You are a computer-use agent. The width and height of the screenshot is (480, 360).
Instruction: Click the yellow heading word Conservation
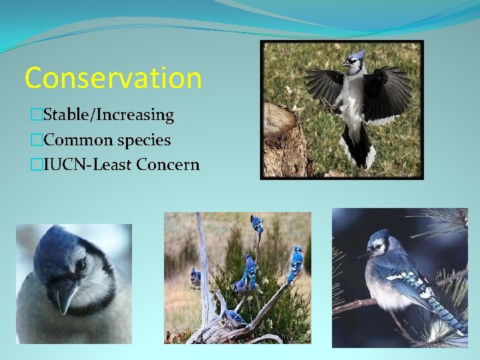click(x=113, y=78)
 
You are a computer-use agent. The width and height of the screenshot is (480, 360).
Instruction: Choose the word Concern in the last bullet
click(x=167, y=165)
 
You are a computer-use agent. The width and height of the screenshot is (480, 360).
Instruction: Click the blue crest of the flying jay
click(x=357, y=55)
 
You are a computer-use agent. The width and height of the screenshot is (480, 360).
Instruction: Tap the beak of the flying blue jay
click(x=343, y=64)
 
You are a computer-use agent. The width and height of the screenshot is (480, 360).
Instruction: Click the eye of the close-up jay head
click(x=81, y=265)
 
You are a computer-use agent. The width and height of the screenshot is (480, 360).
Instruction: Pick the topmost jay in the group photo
click(x=257, y=224)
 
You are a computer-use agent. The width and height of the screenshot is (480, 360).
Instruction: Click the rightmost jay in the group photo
click(x=295, y=263)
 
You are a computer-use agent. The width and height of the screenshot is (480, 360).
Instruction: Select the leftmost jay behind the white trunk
click(x=195, y=277)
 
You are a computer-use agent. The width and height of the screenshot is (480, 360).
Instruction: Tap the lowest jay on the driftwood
click(x=233, y=319)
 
